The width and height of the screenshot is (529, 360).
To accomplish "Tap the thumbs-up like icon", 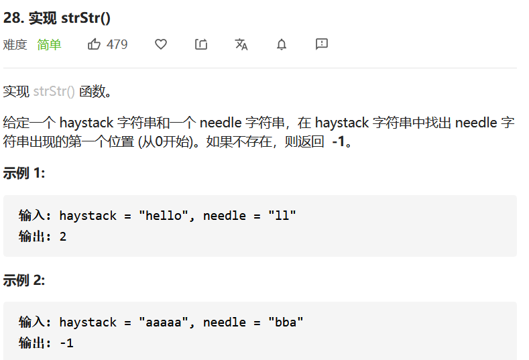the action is pyautogui.click(x=94, y=44).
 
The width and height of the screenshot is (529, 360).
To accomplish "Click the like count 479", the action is pyautogui.click(x=117, y=44).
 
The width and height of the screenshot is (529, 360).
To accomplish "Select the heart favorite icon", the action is pyautogui.click(x=161, y=44).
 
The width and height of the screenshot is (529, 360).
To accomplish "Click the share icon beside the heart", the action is pyautogui.click(x=201, y=44).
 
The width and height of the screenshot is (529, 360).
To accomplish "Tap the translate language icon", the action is pyautogui.click(x=241, y=44).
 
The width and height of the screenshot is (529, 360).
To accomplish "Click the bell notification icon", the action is pyautogui.click(x=282, y=44).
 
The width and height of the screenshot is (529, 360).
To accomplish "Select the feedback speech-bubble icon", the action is pyautogui.click(x=322, y=44).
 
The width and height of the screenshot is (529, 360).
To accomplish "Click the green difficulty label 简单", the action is pyautogui.click(x=49, y=44).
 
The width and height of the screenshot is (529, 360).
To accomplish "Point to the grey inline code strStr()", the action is pyautogui.click(x=54, y=92).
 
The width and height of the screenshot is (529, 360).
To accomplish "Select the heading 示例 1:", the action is pyautogui.click(x=24, y=173).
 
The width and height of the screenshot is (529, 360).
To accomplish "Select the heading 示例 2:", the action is pyautogui.click(x=24, y=280).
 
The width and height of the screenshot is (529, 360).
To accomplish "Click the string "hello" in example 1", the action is pyautogui.click(x=160, y=215).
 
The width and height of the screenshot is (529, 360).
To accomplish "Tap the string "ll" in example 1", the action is pyautogui.click(x=282, y=215).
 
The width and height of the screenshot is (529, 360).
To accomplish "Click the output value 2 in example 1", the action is pyautogui.click(x=63, y=236).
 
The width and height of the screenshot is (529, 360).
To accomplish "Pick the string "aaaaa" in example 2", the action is pyautogui.click(x=160, y=322).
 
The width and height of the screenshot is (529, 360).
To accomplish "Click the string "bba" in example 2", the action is pyautogui.click(x=286, y=322).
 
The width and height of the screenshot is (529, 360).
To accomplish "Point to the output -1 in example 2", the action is pyautogui.click(x=66, y=343).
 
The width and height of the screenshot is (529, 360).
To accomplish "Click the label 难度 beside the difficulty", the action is pyautogui.click(x=15, y=44).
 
